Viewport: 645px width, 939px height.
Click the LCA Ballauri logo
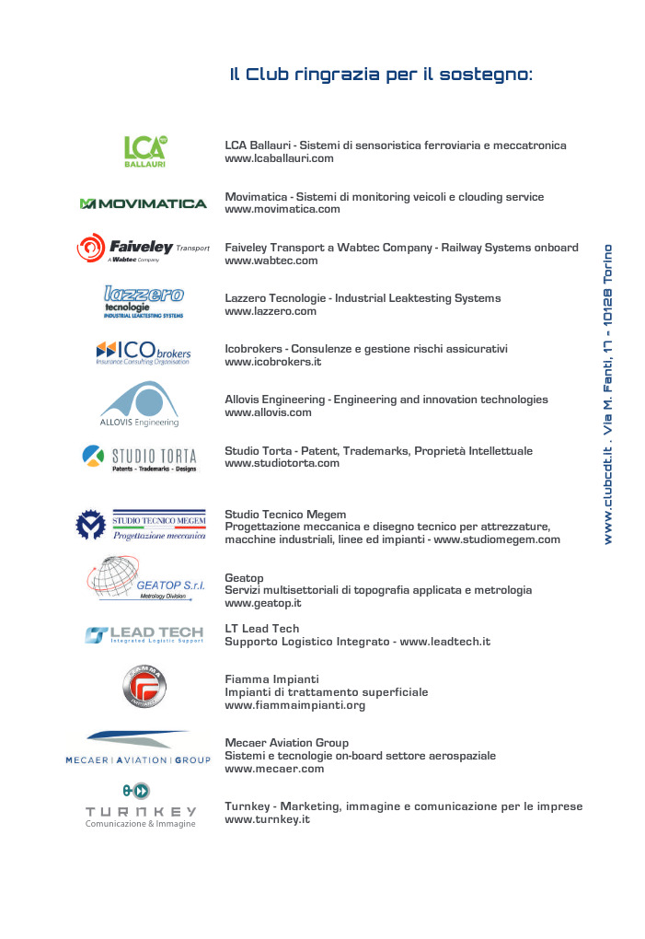coord(145,151)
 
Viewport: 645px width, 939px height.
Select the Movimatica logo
coord(143,203)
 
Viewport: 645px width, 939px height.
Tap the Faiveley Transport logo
coord(143,249)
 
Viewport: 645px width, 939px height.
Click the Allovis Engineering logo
coord(139,405)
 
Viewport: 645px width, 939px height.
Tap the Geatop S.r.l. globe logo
coord(146,579)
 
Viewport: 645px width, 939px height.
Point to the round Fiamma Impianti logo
coord(144,687)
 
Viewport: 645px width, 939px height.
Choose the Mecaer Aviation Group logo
coord(138,748)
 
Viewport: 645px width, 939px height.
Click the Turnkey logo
coord(141,805)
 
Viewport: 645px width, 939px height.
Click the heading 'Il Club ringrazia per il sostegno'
coord(381,75)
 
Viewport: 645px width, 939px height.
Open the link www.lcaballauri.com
coord(279,158)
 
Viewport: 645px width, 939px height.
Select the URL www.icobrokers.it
coord(272,363)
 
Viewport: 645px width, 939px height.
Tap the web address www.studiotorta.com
coord(282,463)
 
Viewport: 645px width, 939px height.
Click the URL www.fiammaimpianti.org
coord(294,705)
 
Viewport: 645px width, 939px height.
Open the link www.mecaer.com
coord(274,768)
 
